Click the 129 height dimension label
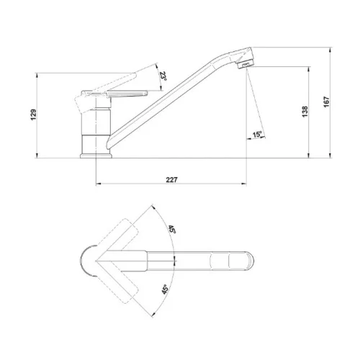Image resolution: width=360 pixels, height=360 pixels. coord(34,114)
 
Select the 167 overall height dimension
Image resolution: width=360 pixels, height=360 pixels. coord(327,102)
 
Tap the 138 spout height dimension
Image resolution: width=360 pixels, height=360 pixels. coord(305,112)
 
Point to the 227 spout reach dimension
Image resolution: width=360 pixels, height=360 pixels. coord(172,179)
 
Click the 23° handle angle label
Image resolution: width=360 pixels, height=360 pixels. coord(163,76)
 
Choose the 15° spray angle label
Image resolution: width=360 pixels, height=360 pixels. coord(257,135)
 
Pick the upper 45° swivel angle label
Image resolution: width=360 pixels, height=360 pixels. coord(172,230)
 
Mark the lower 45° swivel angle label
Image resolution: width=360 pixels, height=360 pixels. coord(165,289)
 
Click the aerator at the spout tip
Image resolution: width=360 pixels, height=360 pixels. coord(245,64)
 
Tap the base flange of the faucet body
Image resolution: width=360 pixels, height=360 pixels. coord(96,156)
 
